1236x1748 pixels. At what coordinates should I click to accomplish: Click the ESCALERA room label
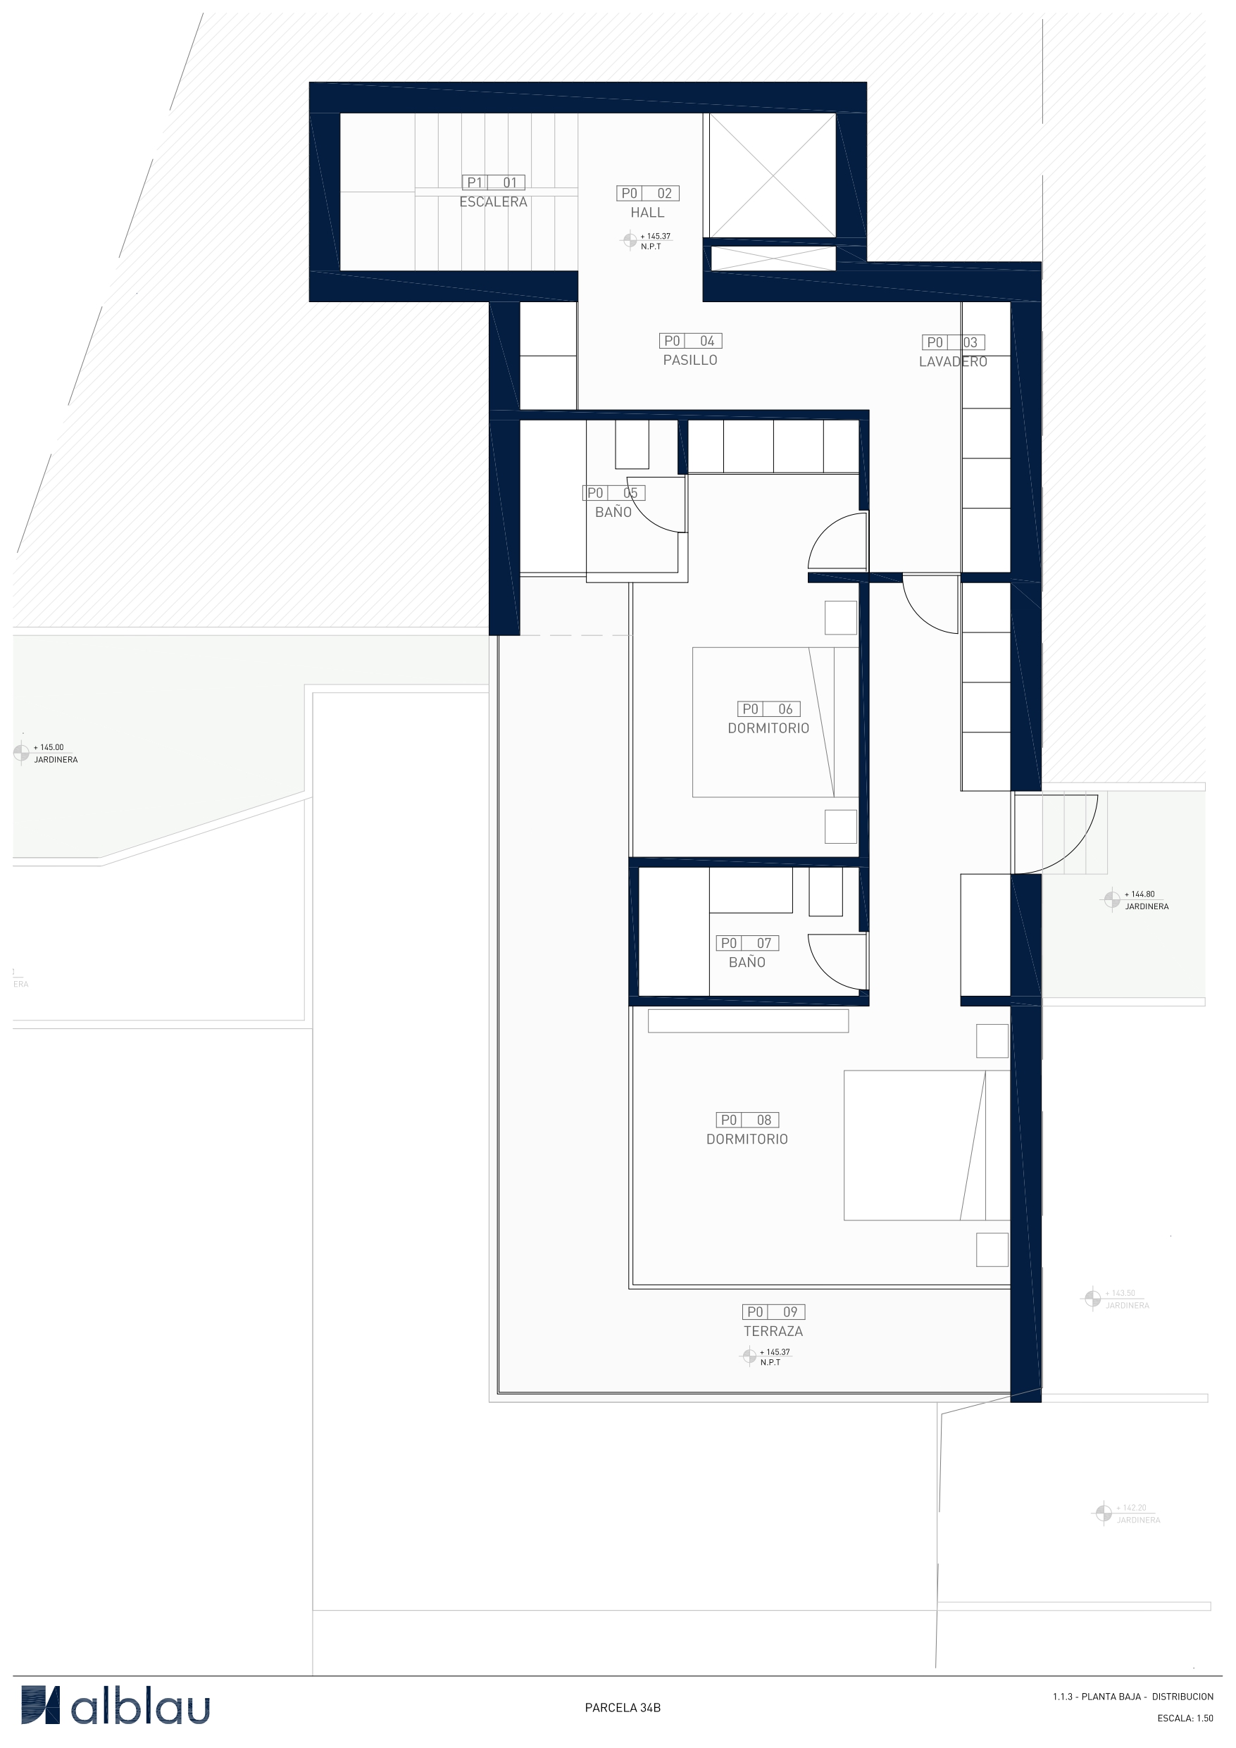[493, 201]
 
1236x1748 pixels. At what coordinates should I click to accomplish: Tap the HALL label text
[647, 213]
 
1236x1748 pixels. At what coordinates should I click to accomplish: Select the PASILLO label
[689, 360]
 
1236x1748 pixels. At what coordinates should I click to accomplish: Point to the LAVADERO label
[952, 361]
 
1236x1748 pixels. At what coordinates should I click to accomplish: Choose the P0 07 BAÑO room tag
[747, 952]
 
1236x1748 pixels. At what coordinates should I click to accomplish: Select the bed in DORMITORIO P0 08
[925, 1145]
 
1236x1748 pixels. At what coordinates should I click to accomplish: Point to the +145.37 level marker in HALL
[647, 241]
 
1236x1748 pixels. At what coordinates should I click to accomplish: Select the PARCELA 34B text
[622, 1708]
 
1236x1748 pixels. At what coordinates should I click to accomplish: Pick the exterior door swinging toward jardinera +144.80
[1057, 833]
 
